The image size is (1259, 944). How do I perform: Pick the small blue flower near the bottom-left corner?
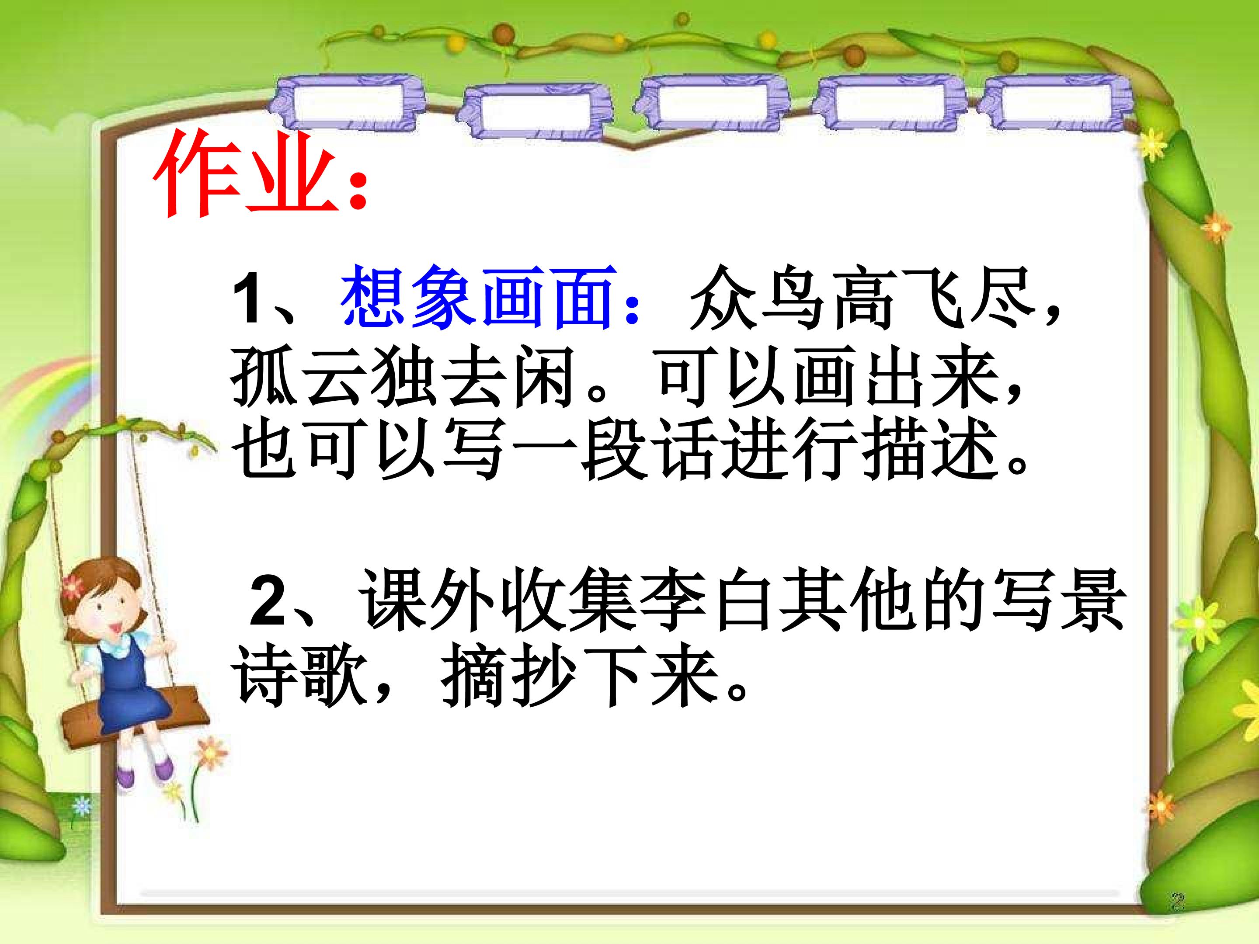click(x=83, y=805)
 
